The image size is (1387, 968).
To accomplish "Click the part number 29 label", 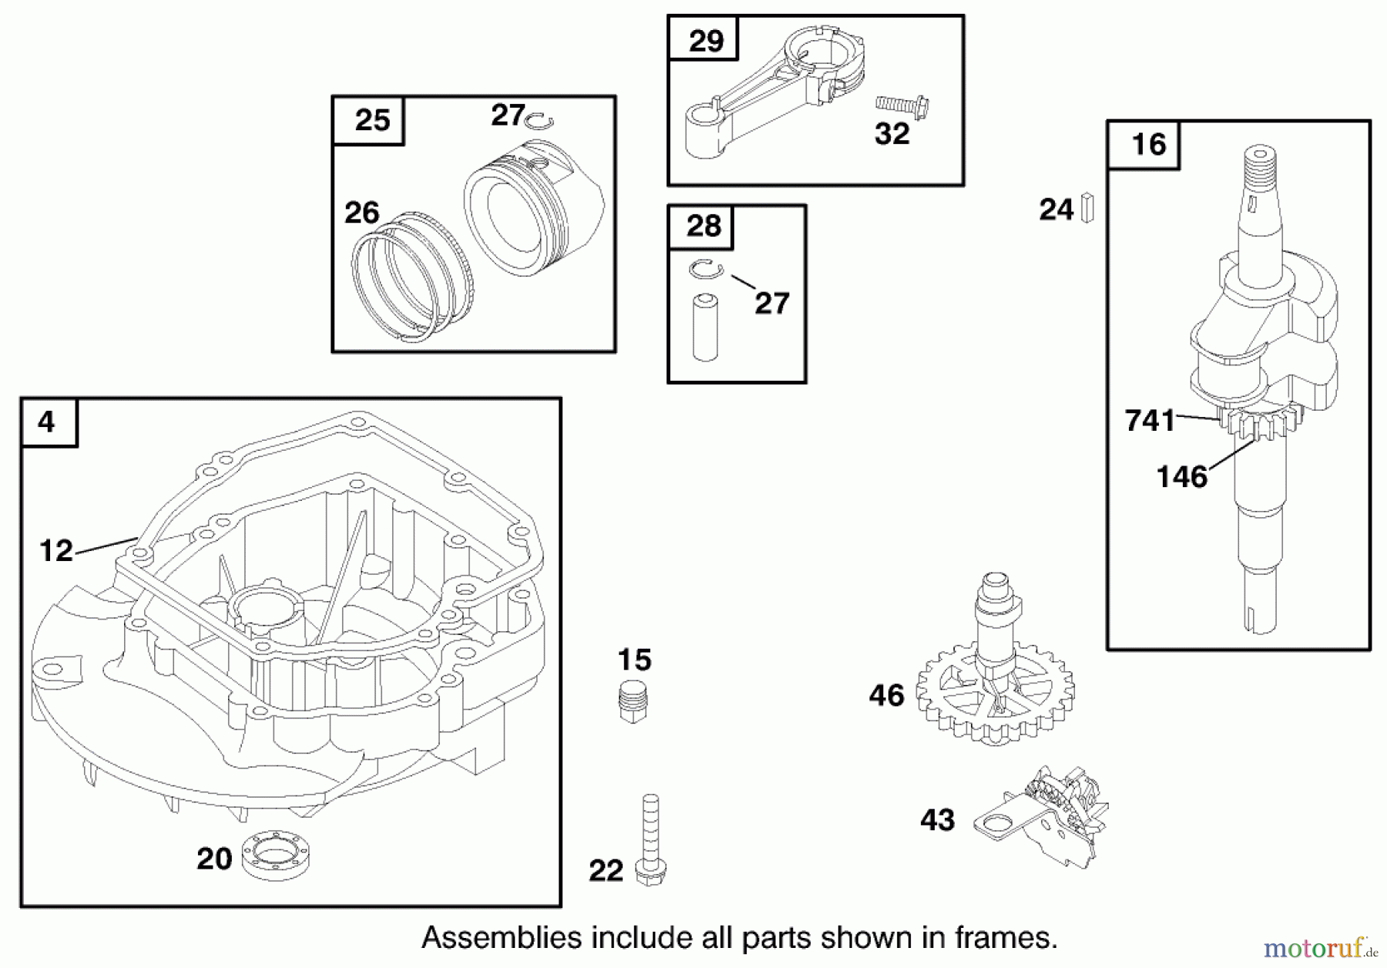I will tap(706, 40).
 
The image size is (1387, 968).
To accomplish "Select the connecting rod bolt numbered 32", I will tap(902, 106).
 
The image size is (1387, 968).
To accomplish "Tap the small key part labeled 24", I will tap(1087, 207).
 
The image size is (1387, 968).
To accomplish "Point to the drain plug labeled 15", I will tap(633, 701).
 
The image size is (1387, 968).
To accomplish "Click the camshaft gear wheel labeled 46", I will tap(995, 691).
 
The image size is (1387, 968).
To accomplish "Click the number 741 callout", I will tap(1150, 421).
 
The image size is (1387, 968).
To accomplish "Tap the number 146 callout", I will tap(1182, 477).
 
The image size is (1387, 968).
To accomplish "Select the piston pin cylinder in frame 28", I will tap(705, 327).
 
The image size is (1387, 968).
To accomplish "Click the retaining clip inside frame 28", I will tap(706, 269).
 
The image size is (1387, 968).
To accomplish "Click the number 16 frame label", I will tap(1148, 145).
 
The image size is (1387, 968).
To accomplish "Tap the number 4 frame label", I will tap(47, 422).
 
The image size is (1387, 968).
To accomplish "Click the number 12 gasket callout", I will tap(56, 550).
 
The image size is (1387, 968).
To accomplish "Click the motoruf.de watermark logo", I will tap(1319, 947).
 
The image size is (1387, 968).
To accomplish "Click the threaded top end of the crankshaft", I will tap(1261, 165).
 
